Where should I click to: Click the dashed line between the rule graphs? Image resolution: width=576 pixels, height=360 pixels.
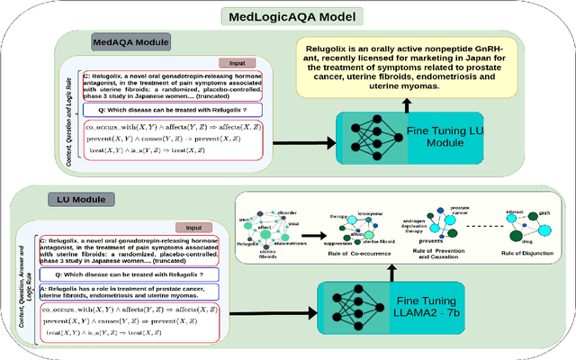[x=472, y=225]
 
